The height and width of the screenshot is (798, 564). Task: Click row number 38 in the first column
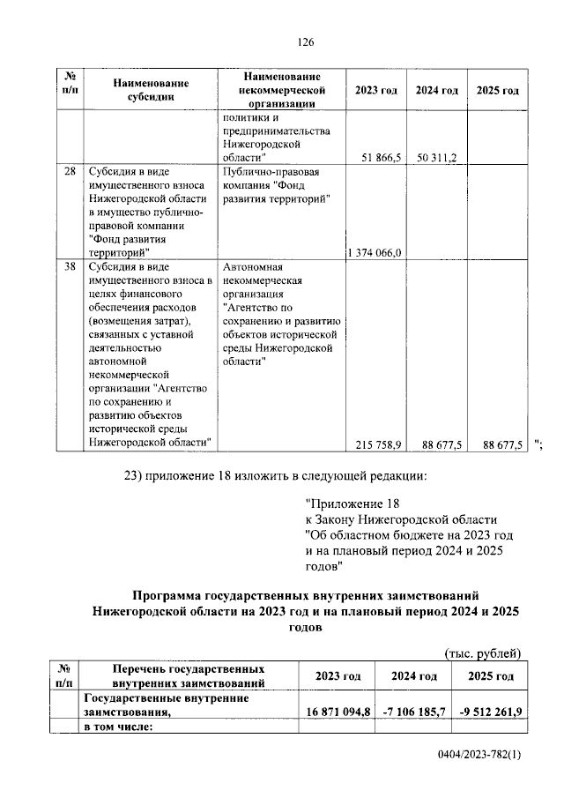[x=70, y=265]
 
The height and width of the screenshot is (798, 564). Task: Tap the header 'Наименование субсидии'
[x=151, y=91]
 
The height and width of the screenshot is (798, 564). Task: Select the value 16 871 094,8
[x=339, y=711]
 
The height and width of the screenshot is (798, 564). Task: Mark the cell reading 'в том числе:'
[x=118, y=727]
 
